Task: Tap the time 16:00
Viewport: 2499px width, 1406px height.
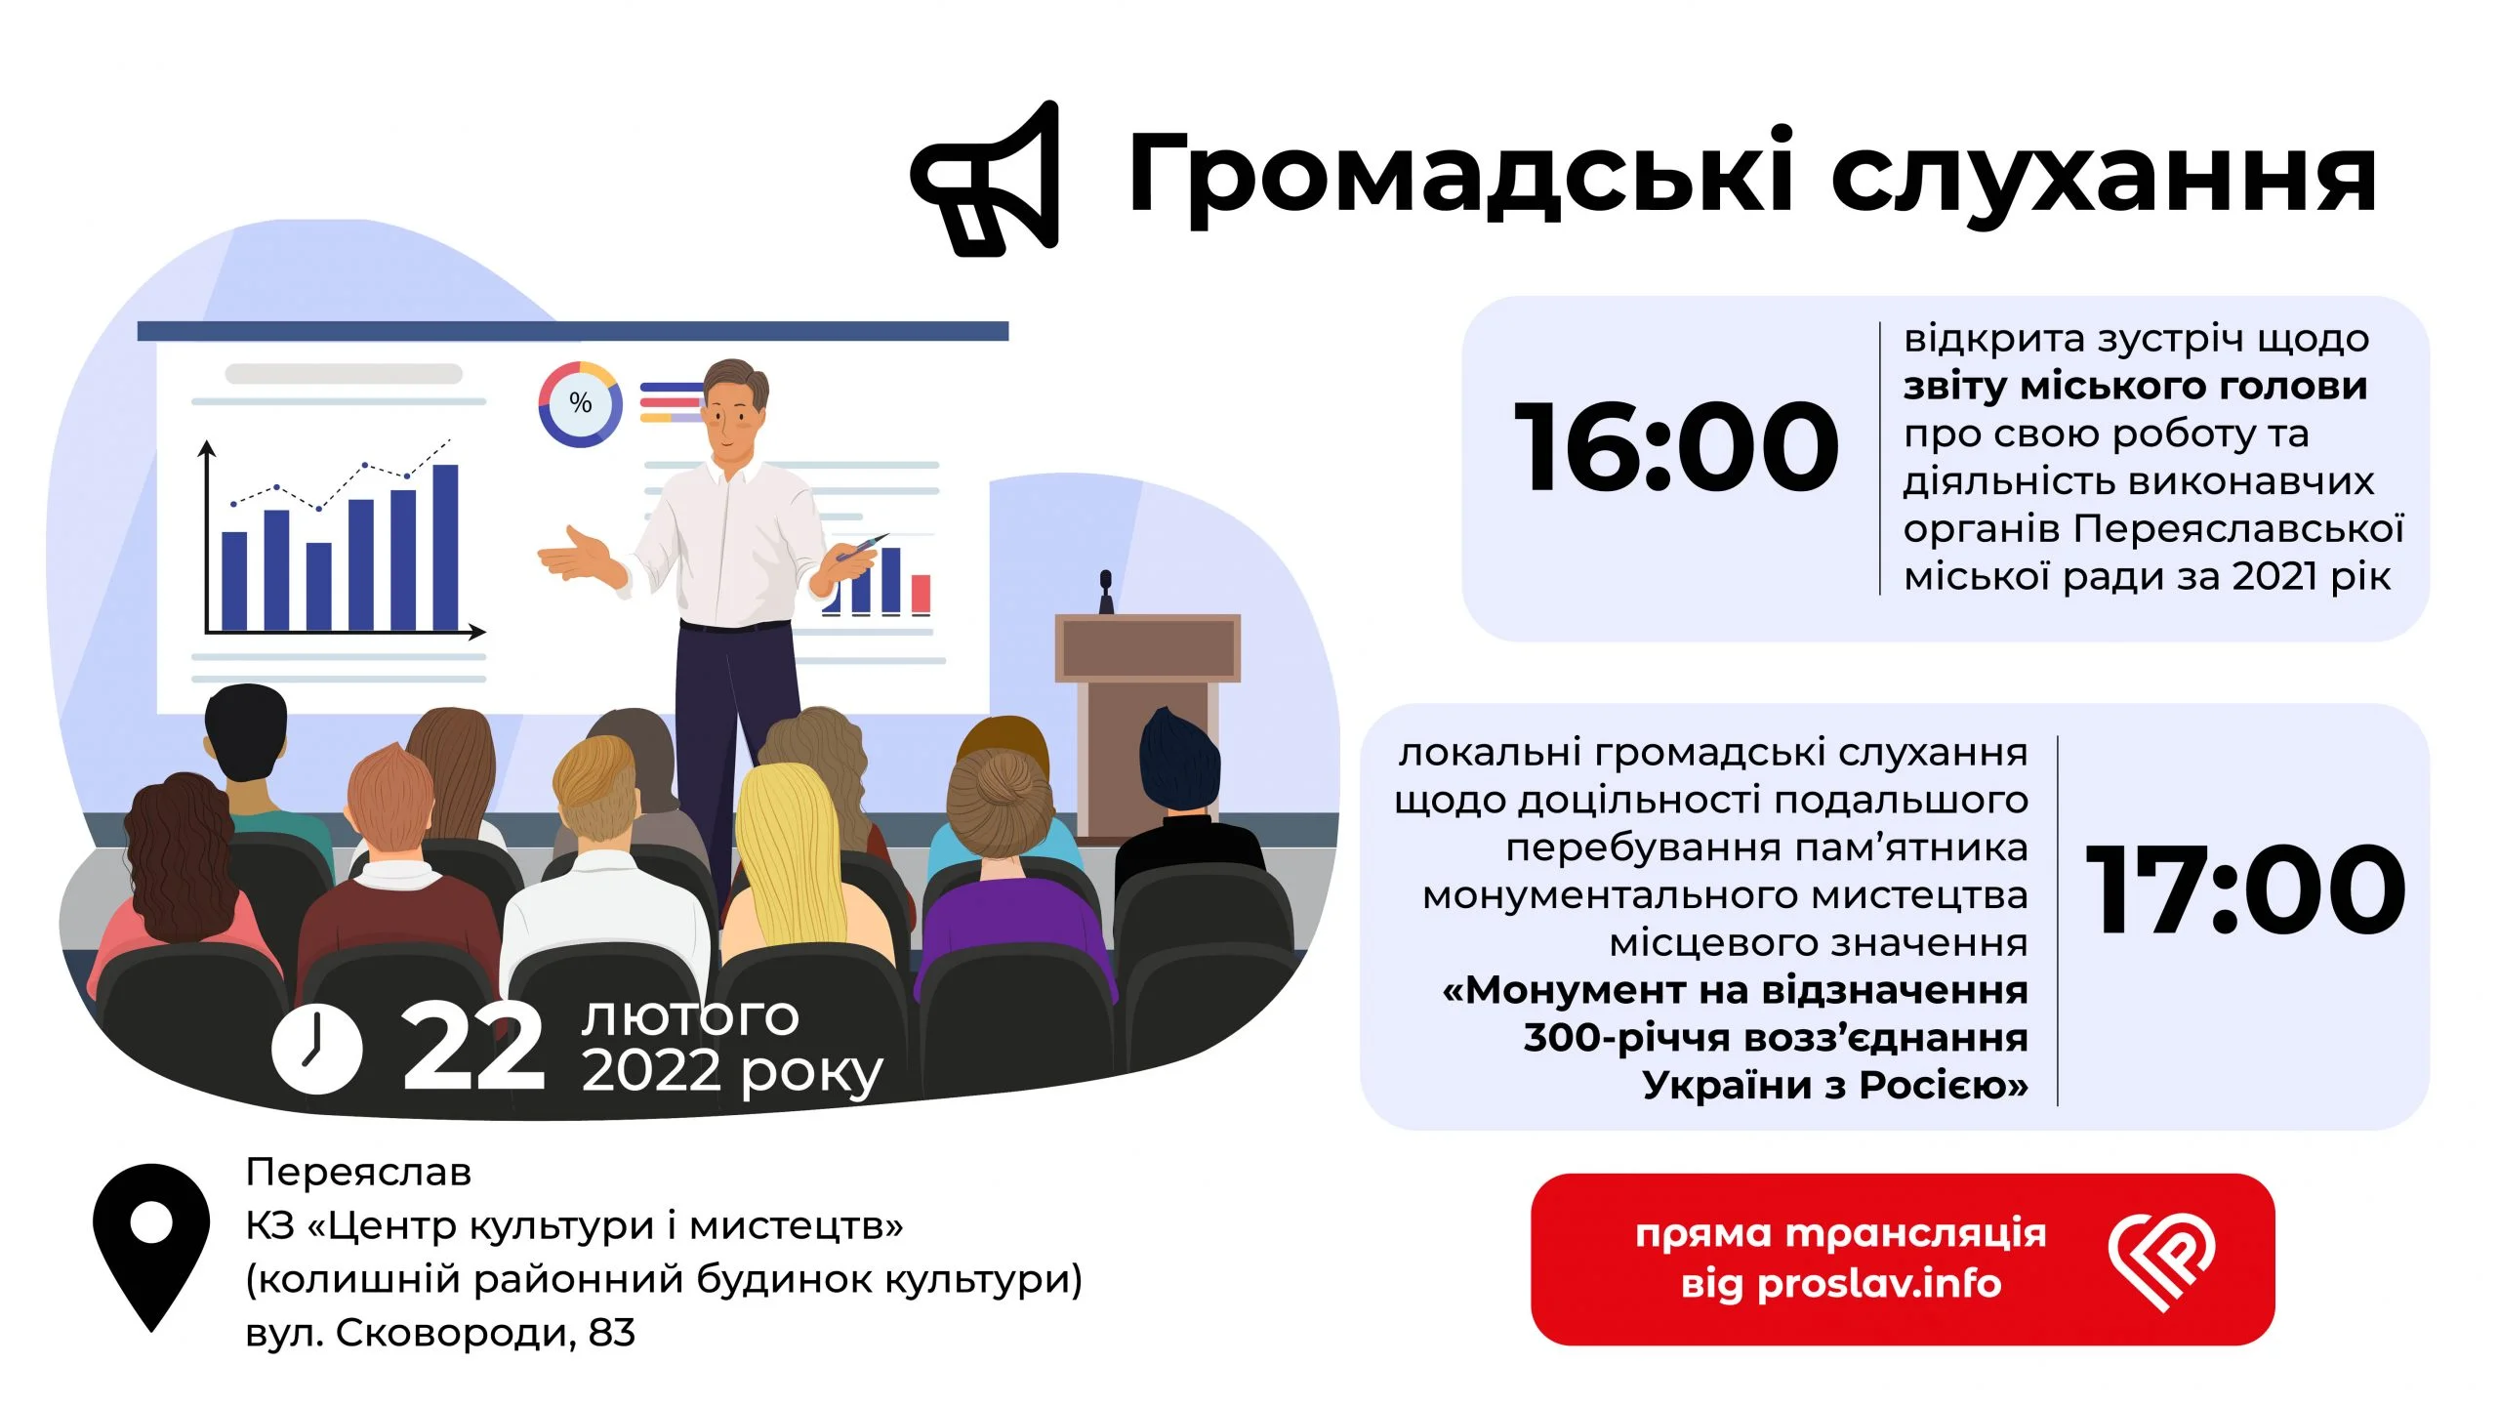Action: (x=1676, y=446)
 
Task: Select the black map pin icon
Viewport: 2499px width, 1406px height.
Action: (x=151, y=1247)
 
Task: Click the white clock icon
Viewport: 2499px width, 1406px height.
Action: (x=317, y=1047)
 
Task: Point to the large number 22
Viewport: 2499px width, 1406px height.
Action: (x=472, y=1047)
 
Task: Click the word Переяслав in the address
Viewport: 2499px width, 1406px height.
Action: (x=358, y=1172)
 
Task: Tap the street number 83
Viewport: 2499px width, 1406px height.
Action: (x=612, y=1333)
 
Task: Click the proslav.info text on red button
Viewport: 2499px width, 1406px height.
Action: (x=1879, y=1284)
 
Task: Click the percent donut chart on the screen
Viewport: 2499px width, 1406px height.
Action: (x=580, y=404)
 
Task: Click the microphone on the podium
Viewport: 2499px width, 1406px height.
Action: (x=1106, y=592)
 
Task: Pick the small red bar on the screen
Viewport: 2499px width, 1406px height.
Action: (x=921, y=594)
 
